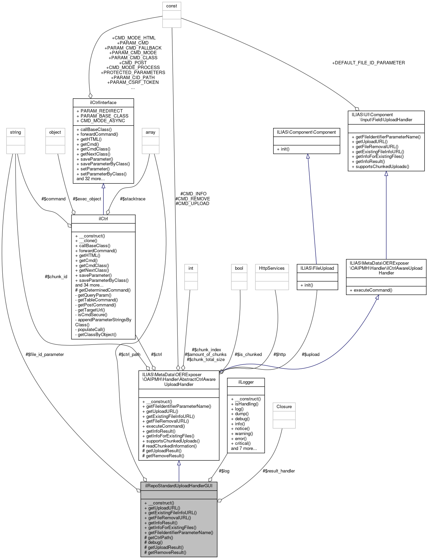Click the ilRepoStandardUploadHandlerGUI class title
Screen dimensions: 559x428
pos(179,486)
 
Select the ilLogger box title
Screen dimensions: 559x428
pos(246,382)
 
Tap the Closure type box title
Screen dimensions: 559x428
pos(284,406)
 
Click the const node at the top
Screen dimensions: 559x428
pos(172,6)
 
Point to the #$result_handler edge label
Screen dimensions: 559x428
pos(279,471)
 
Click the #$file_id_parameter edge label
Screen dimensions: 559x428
pos(45,354)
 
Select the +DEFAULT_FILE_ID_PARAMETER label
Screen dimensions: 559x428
pos(368,63)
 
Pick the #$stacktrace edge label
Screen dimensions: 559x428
pos(133,199)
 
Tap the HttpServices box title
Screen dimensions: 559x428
pos(272,268)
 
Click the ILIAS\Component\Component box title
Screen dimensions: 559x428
pos(307,132)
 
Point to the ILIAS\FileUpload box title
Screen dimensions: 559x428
pos(317,268)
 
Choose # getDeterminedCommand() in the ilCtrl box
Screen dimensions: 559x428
pos(103,290)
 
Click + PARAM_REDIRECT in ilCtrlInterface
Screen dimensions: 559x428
pos(100,111)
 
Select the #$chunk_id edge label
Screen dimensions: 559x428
pos(56,276)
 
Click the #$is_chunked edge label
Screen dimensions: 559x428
pos(248,354)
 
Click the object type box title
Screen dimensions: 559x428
pos(55,132)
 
